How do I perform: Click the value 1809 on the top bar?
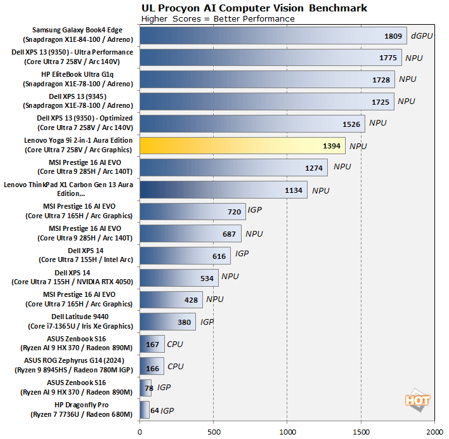pyautogui.click(x=393, y=36)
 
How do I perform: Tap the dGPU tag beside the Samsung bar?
pyautogui.click(x=422, y=36)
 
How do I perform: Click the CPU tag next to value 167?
pyautogui.click(x=175, y=344)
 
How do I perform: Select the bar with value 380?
pyautogui.click(x=167, y=322)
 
